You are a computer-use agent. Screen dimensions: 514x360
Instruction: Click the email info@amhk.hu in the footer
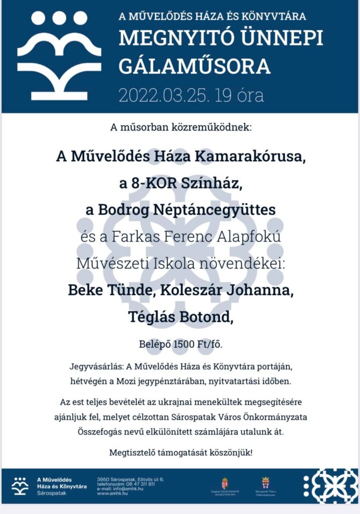(x=124, y=489)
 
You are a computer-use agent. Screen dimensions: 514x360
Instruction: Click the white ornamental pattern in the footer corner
(x=330, y=485)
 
